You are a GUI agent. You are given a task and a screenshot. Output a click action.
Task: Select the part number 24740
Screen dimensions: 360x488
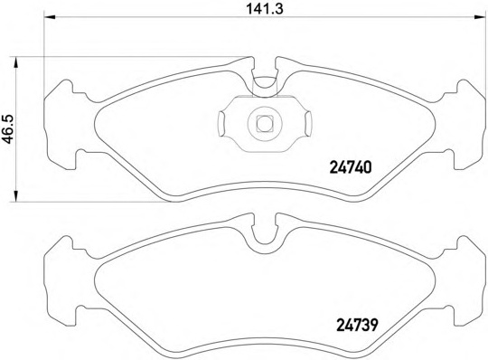pos(347,167)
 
